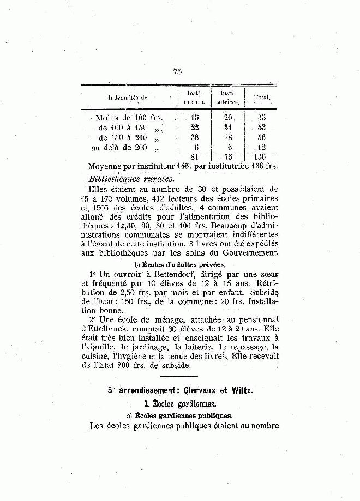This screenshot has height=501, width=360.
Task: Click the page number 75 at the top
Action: tap(177, 71)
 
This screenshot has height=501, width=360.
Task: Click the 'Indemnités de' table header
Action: tap(128, 98)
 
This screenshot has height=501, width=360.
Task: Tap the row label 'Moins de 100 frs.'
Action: tap(129, 117)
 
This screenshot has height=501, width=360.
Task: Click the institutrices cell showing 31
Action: tap(228, 127)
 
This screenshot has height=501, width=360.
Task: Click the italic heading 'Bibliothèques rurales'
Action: tap(131, 178)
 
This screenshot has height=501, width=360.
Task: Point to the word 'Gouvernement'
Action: tap(248, 254)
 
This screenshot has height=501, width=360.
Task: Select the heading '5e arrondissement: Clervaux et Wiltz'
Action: tap(181, 390)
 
